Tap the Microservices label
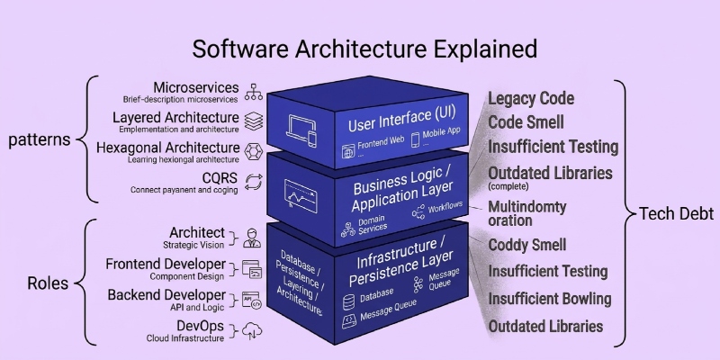196,88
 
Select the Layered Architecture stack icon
254,120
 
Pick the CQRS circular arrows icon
254,180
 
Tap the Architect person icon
252,238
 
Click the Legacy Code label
531,98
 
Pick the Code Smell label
526,121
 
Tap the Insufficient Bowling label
549,299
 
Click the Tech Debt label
676,213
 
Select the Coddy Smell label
527,245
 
